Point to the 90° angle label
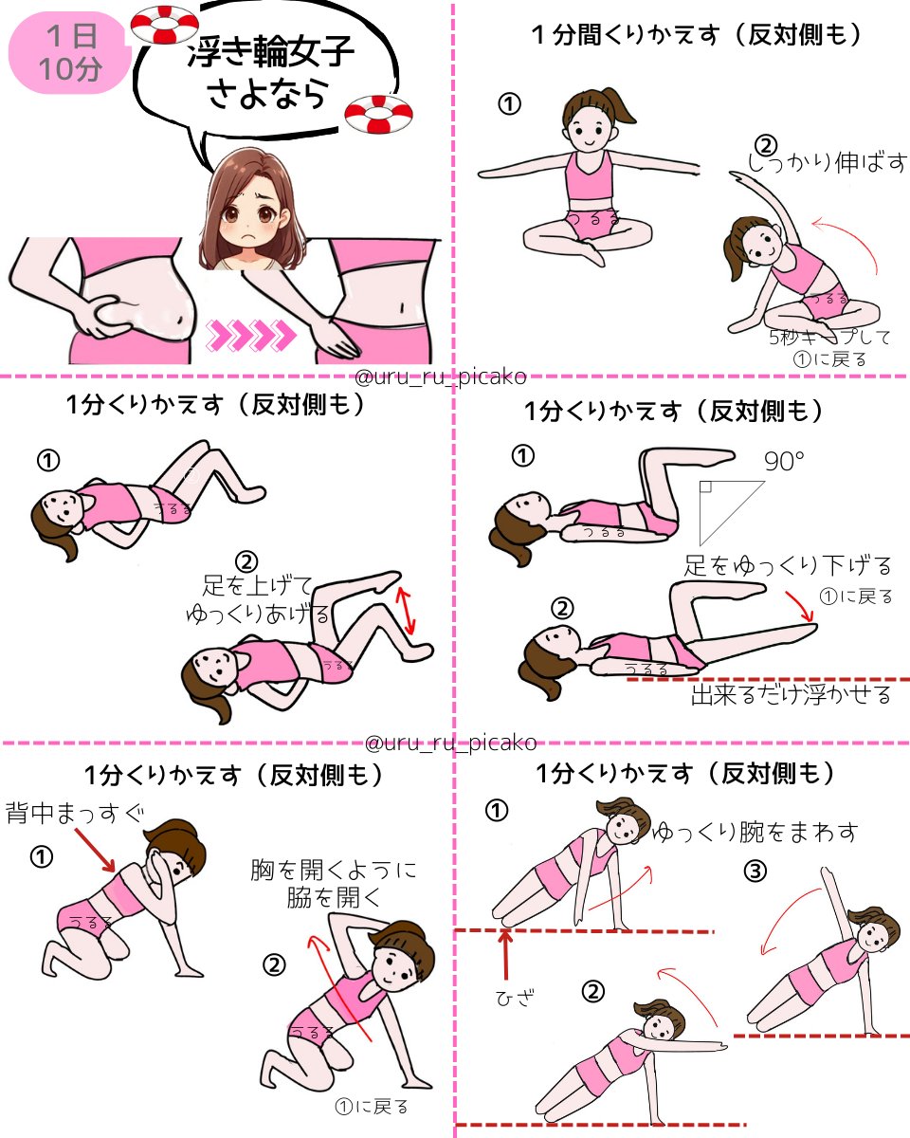(x=783, y=462)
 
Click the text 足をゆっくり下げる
(x=789, y=566)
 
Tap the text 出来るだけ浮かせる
(x=791, y=695)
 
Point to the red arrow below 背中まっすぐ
(x=96, y=850)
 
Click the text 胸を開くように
(x=333, y=870)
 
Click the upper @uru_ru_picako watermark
(x=441, y=377)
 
